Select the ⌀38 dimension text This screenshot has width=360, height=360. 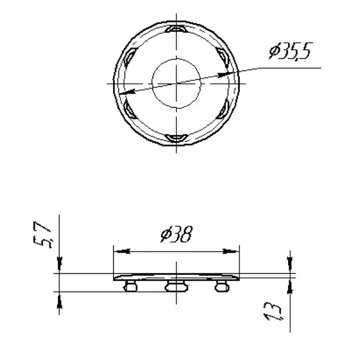click(x=176, y=236)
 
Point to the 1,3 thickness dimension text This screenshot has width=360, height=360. click(x=275, y=312)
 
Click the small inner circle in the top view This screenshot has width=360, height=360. click(x=176, y=81)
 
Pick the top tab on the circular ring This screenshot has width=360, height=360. click(x=176, y=29)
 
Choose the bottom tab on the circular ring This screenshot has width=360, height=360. click(x=176, y=138)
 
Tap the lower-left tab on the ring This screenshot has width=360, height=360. click(x=129, y=109)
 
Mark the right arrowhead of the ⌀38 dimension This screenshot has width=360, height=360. click(x=235, y=251)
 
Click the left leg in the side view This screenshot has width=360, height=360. click(x=131, y=287)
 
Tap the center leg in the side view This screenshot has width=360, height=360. click(x=176, y=287)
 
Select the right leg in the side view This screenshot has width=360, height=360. click(x=221, y=287)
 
